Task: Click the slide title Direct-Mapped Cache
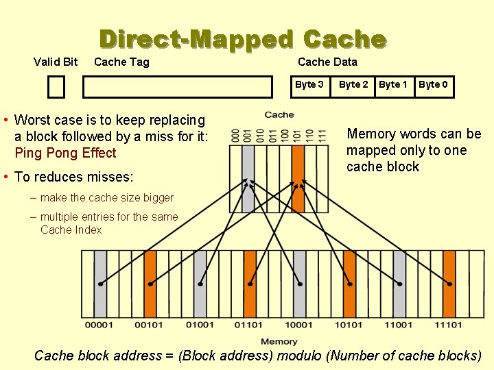pyautogui.click(x=242, y=39)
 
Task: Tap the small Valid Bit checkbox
pyautogui.click(x=56, y=87)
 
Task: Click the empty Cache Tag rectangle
pyautogui.click(x=177, y=87)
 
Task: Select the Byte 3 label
pyautogui.click(x=309, y=84)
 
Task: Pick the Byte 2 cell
pyautogui.click(x=353, y=84)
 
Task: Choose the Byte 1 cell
pyautogui.click(x=393, y=84)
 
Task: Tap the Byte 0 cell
pyautogui.click(x=433, y=84)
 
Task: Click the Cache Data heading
pyautogui.click(x=327, y=62)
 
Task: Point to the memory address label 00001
pyautogui.click(x=100, y=325)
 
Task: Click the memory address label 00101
pyautogui.click(x=150, y=325)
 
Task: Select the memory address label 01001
pyautogui.click(x=200, y=325)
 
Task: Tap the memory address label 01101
pyautogui.click(x=249, y=325)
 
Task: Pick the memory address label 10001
pyautogui.click(x=299, y=325)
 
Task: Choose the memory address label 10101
pyautogui.click(x=349, y=325)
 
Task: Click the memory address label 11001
pyautogui.click(x=399, y=325)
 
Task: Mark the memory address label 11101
pyautogui.click(x=448, y=325)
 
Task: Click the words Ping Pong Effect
pyautogui.click(x=65, y=153)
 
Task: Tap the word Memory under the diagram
pyautogui.click(x=279, y=341)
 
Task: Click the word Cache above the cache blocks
pyautogui.click(x=279, y=114)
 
